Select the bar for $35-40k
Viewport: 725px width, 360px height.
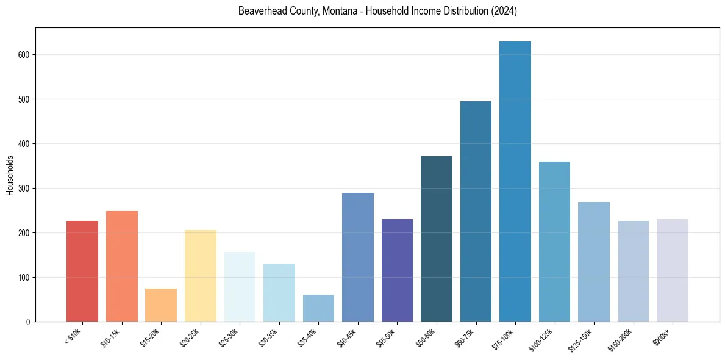pos(318,308)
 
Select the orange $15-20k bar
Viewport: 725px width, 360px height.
pos(161,305)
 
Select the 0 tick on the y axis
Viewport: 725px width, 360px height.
pos(28,322)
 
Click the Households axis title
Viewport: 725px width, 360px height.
pos(10,175)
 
